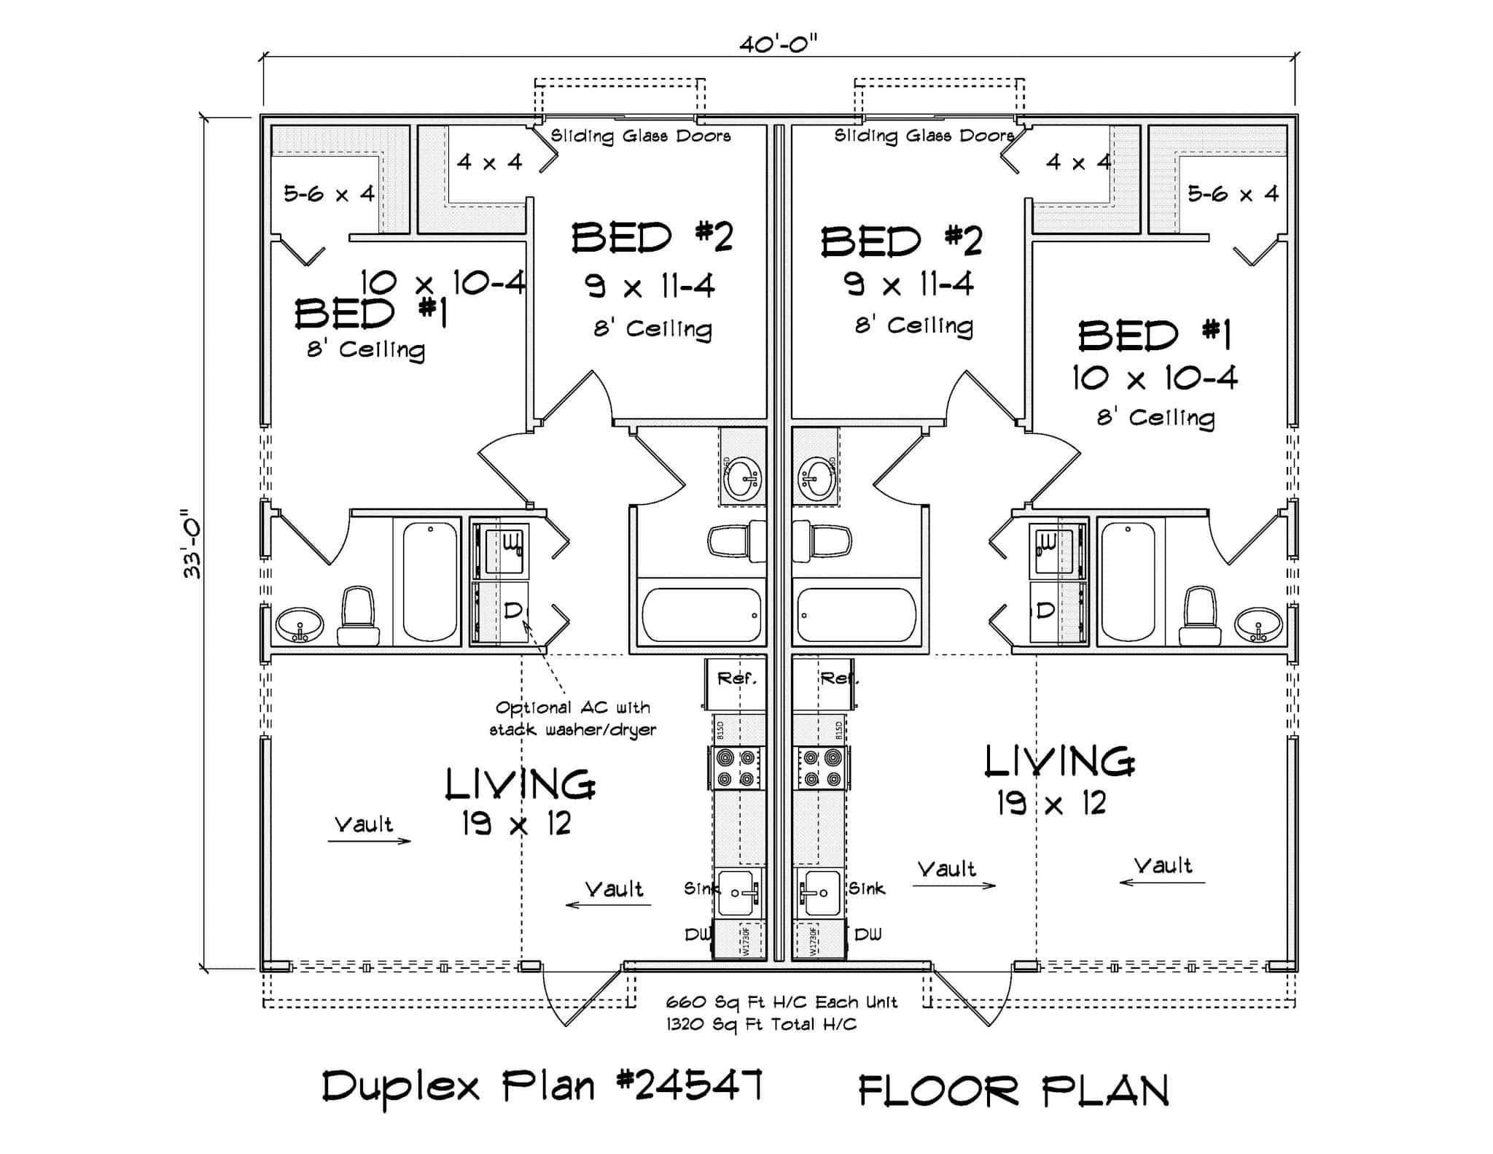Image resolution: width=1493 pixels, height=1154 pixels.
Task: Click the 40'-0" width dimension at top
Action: click(x=778, y=44)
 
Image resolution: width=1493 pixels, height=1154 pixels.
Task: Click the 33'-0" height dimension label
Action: click(x=192, y=543)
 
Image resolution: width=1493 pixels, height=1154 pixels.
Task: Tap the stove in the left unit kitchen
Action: click(x=736, y=768)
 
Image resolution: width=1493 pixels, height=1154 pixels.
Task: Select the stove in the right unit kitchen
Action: click(x=822, y=768)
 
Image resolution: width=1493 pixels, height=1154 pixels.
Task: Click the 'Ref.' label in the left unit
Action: click(x=737, y=678)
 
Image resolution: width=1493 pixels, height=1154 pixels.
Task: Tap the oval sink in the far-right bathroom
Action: click(x=1258, y=624)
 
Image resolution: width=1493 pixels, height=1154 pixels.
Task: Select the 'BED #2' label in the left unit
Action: click(x=651, y=238)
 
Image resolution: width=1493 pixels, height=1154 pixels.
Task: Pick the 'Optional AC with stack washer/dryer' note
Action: click(x=572, y=719)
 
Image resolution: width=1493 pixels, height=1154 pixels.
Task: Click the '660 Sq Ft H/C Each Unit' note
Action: click(x=781, y=1002)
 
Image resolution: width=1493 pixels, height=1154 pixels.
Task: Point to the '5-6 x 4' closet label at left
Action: click(x=329, y=194)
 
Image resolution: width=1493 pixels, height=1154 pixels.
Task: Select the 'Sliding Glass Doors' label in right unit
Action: click(x=924, y=136)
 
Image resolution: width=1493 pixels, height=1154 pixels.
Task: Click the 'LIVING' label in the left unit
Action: click(x=520, y=784)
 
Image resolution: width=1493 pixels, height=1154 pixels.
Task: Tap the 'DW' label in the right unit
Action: click(x=868, y=934)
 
